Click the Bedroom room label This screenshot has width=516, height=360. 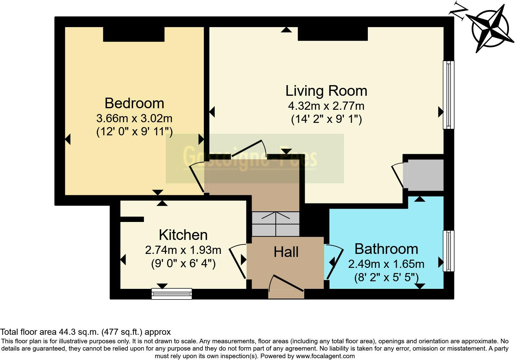[x=134, y=103]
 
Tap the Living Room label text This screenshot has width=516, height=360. [x=326, y=91]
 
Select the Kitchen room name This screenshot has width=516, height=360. [x=183, y=235]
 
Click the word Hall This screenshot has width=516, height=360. [x=286, y=252]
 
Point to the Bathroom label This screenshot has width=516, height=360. [x=386, y=249]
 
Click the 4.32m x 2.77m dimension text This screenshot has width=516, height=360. [x=326, y=106]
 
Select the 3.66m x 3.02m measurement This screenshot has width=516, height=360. [x=134, y=118]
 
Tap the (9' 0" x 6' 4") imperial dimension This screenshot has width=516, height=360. [x=183, y=263]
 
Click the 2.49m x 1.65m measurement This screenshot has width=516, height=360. [x=386, y=264]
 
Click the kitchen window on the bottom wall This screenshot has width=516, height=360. [x=172, y=294]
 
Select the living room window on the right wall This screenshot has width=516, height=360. [x=448, y=95]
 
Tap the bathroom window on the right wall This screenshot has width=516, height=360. [x=448, y=251]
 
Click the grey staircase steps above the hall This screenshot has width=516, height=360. [x=276, y=224]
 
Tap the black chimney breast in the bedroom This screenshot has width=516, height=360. [x=134, y=34]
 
